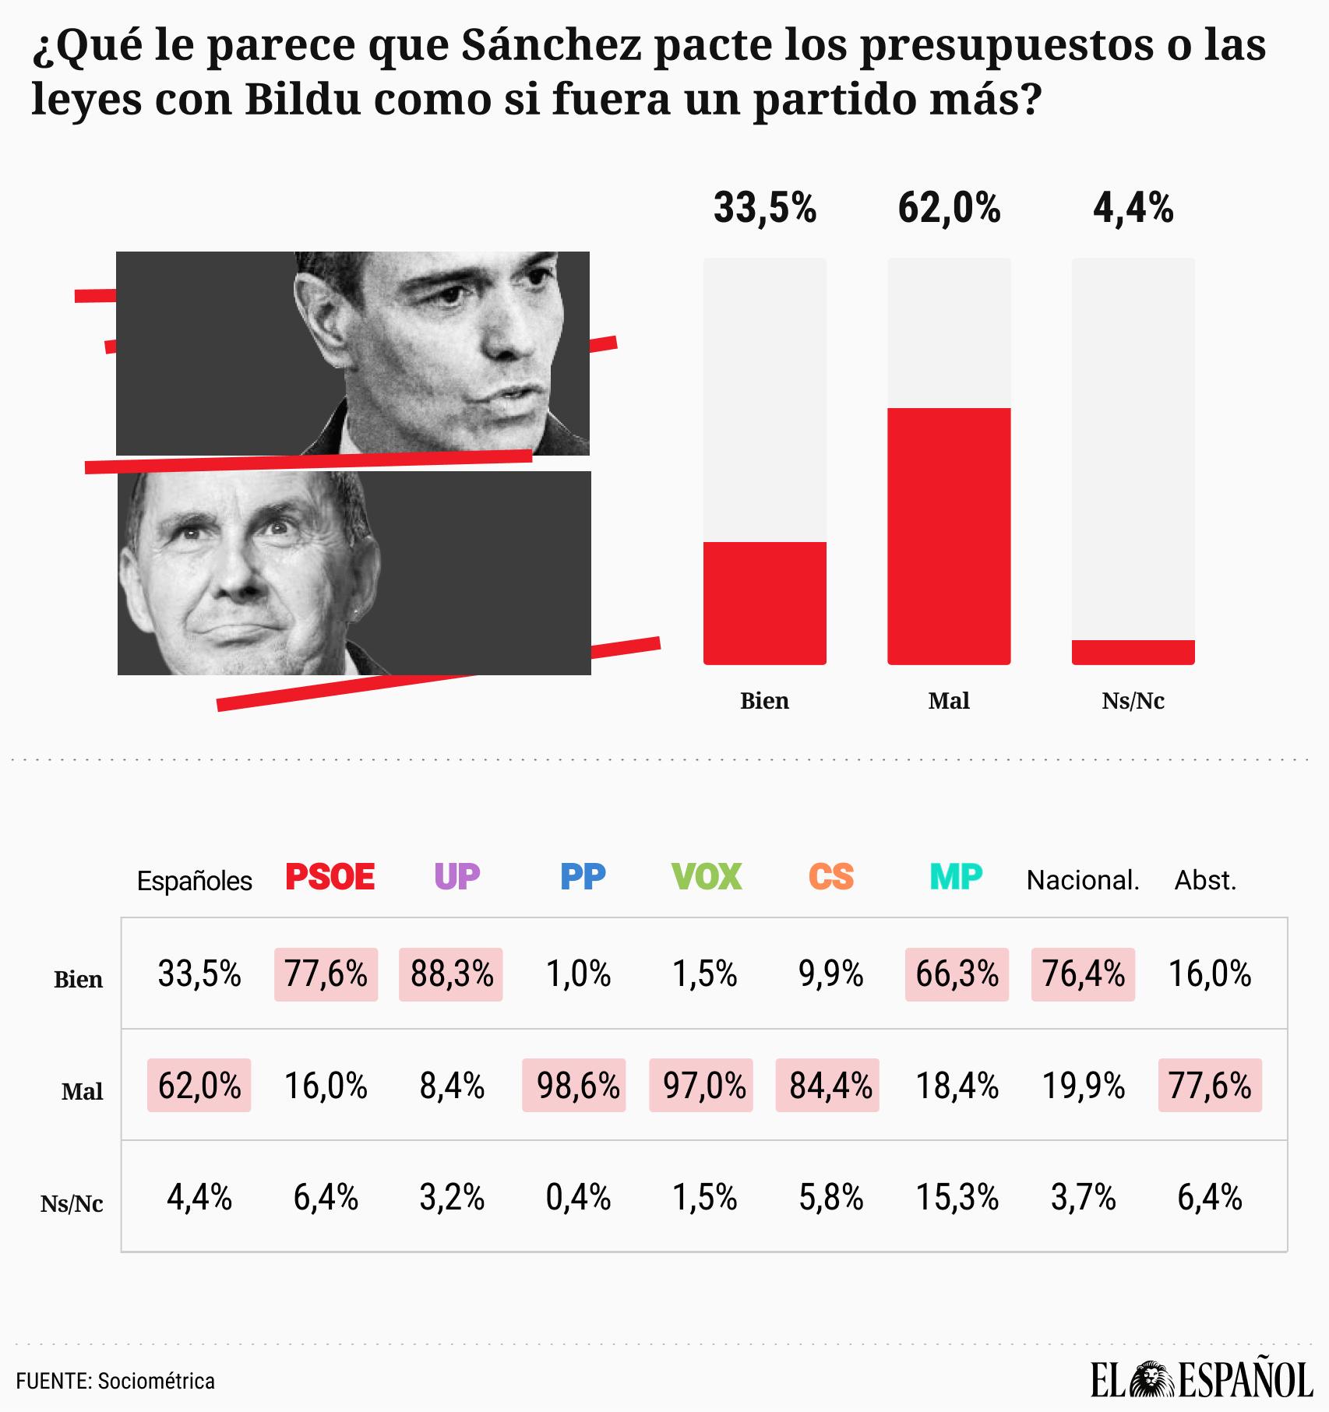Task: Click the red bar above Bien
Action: [x=764, y=602]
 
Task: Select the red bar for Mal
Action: [x=949, y=536]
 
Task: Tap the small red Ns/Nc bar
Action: [x=1133, y=652]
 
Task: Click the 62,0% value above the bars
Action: [x=949, y=209]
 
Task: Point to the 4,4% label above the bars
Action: [x=1133, y=209]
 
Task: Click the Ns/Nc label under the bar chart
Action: [x=1133, y=701]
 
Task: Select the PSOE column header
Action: [x=330, y=878]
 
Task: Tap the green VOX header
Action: [x=706, y=878]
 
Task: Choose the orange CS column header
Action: [x=830, y=878]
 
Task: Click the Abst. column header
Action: [x=1205, y=881]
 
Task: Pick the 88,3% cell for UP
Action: [x=451, y=974]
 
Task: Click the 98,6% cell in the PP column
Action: [x=577, y=1086]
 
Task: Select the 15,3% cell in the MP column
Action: [x=957, y=1197]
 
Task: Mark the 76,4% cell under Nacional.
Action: [x=1083, y=974]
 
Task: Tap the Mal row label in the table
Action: [x=83, y=1091]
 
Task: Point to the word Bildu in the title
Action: [x=303, y=100]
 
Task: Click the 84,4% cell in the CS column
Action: [x=830, y=1086]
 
